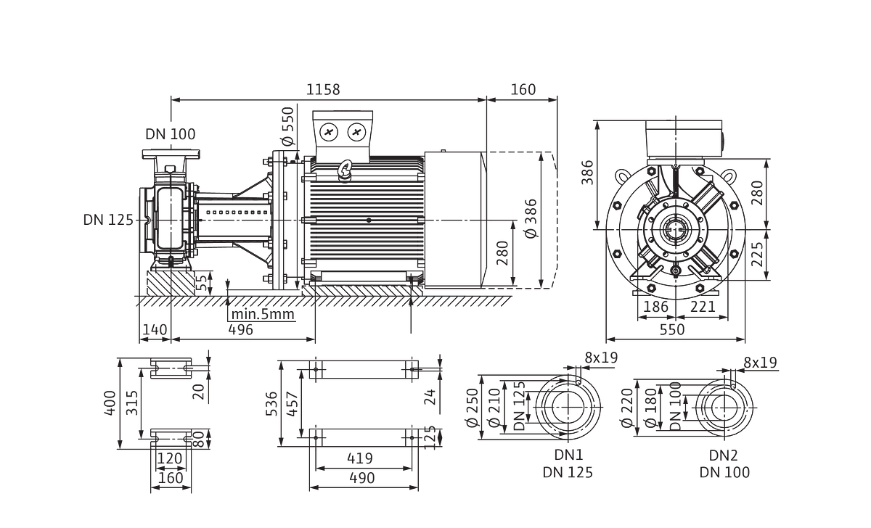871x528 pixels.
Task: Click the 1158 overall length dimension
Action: coord(323,90)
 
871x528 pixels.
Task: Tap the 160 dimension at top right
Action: coord(523,90)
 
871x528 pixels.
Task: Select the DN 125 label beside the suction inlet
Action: coord(108,220)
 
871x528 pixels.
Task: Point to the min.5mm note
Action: coord(263,314)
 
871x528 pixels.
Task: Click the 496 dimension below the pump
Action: coord(241,330)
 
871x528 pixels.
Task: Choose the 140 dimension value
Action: coord(155,330)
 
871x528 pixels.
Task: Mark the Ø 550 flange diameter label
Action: coord(288,126)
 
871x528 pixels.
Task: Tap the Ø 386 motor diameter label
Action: coord(531,218)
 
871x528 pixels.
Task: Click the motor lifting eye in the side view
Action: coord(345,170)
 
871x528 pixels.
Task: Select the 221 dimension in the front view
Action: coord(703,307)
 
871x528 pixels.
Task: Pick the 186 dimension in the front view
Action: coord(656,307)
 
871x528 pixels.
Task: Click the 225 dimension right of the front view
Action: coord(757,255)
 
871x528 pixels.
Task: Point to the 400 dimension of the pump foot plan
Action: coord(110,403)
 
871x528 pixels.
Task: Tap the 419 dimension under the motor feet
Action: coord(360,458)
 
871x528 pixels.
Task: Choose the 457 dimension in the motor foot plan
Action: coord(292,404)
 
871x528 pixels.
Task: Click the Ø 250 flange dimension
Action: coord(473,408)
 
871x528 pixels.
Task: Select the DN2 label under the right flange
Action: coord(724,455)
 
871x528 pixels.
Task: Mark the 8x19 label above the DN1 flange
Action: coord(601,358)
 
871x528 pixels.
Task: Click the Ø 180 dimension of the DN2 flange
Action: coord(650,408)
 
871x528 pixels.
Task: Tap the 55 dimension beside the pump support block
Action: coord(202,284)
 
